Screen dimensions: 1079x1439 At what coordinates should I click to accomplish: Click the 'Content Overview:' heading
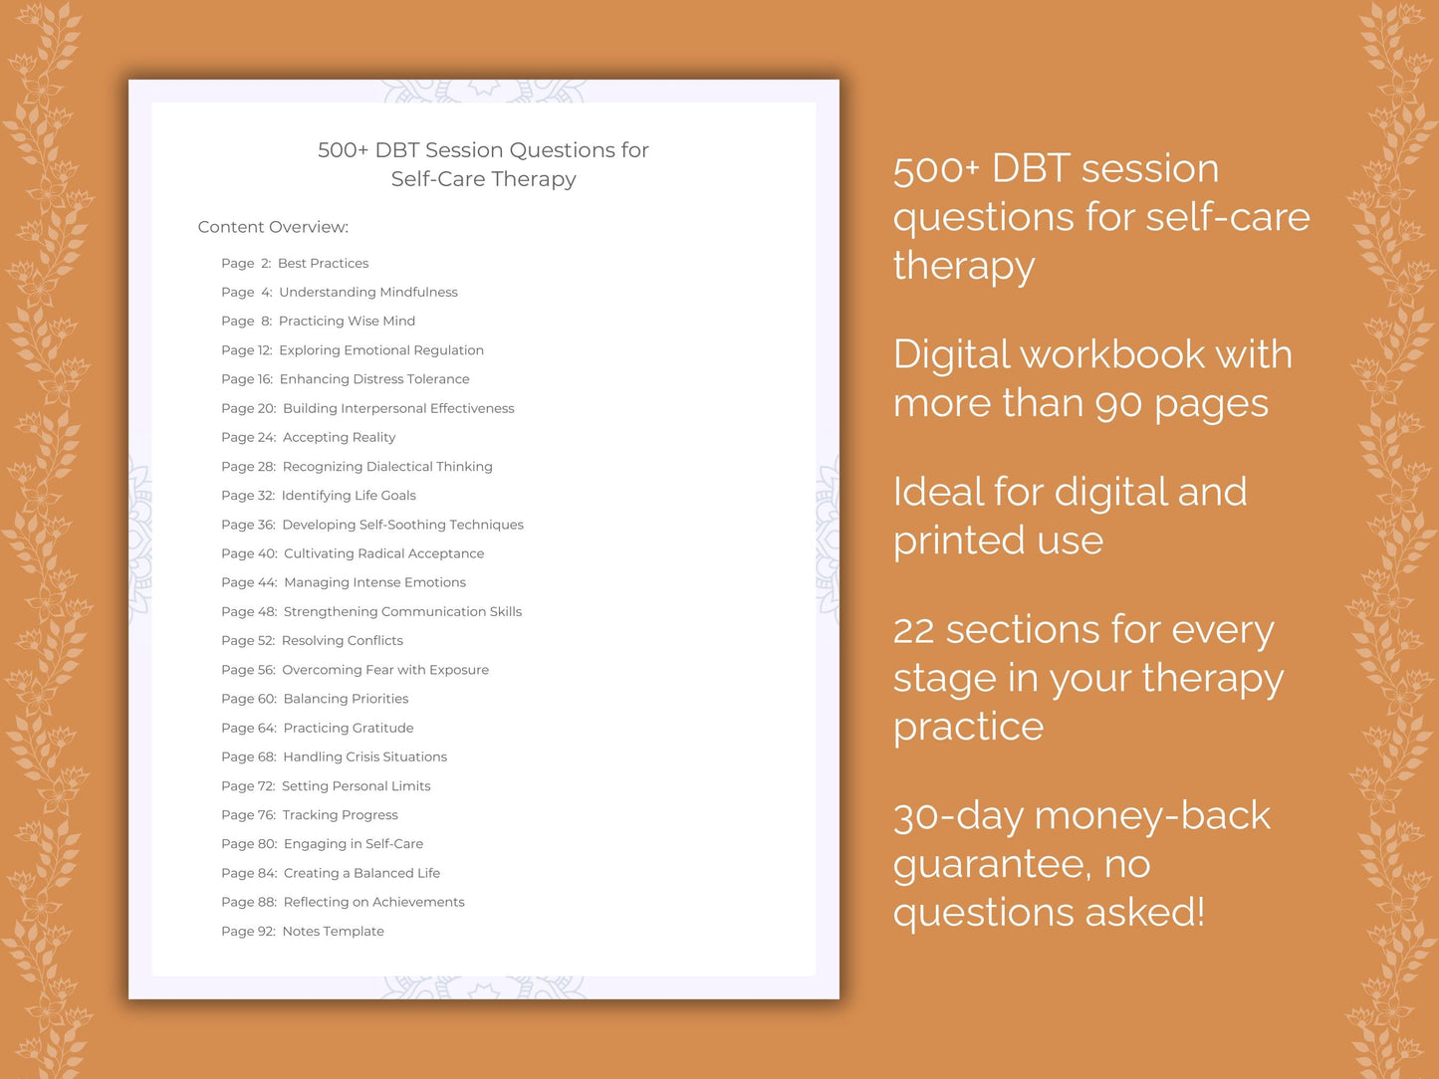point(273,227)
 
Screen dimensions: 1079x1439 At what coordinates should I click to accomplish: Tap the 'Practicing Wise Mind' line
point(347,322)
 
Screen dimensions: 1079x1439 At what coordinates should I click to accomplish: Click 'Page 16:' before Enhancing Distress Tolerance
point(247,379)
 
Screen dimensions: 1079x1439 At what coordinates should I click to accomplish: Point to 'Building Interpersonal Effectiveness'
point(398,408)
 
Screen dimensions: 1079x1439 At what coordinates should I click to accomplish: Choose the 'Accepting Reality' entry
point(339,437)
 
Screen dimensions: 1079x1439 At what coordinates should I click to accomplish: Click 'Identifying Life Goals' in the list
point(349,496)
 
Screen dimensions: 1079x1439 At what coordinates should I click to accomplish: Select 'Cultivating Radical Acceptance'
point(383,553)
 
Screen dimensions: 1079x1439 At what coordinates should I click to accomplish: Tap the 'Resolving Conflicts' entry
point(342,641)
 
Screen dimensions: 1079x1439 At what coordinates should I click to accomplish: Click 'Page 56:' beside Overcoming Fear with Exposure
point(248,670)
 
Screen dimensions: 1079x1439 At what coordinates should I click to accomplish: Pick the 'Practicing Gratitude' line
point(349,728)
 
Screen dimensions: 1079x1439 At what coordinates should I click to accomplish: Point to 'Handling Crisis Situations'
point(364,757)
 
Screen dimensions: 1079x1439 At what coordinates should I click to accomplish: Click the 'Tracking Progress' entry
point(340,815)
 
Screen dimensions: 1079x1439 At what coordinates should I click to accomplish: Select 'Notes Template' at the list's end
point(333,932)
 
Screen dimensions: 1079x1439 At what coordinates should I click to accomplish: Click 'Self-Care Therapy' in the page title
point(483,179)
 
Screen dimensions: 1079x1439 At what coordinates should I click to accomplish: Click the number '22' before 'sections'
point(913,631)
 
